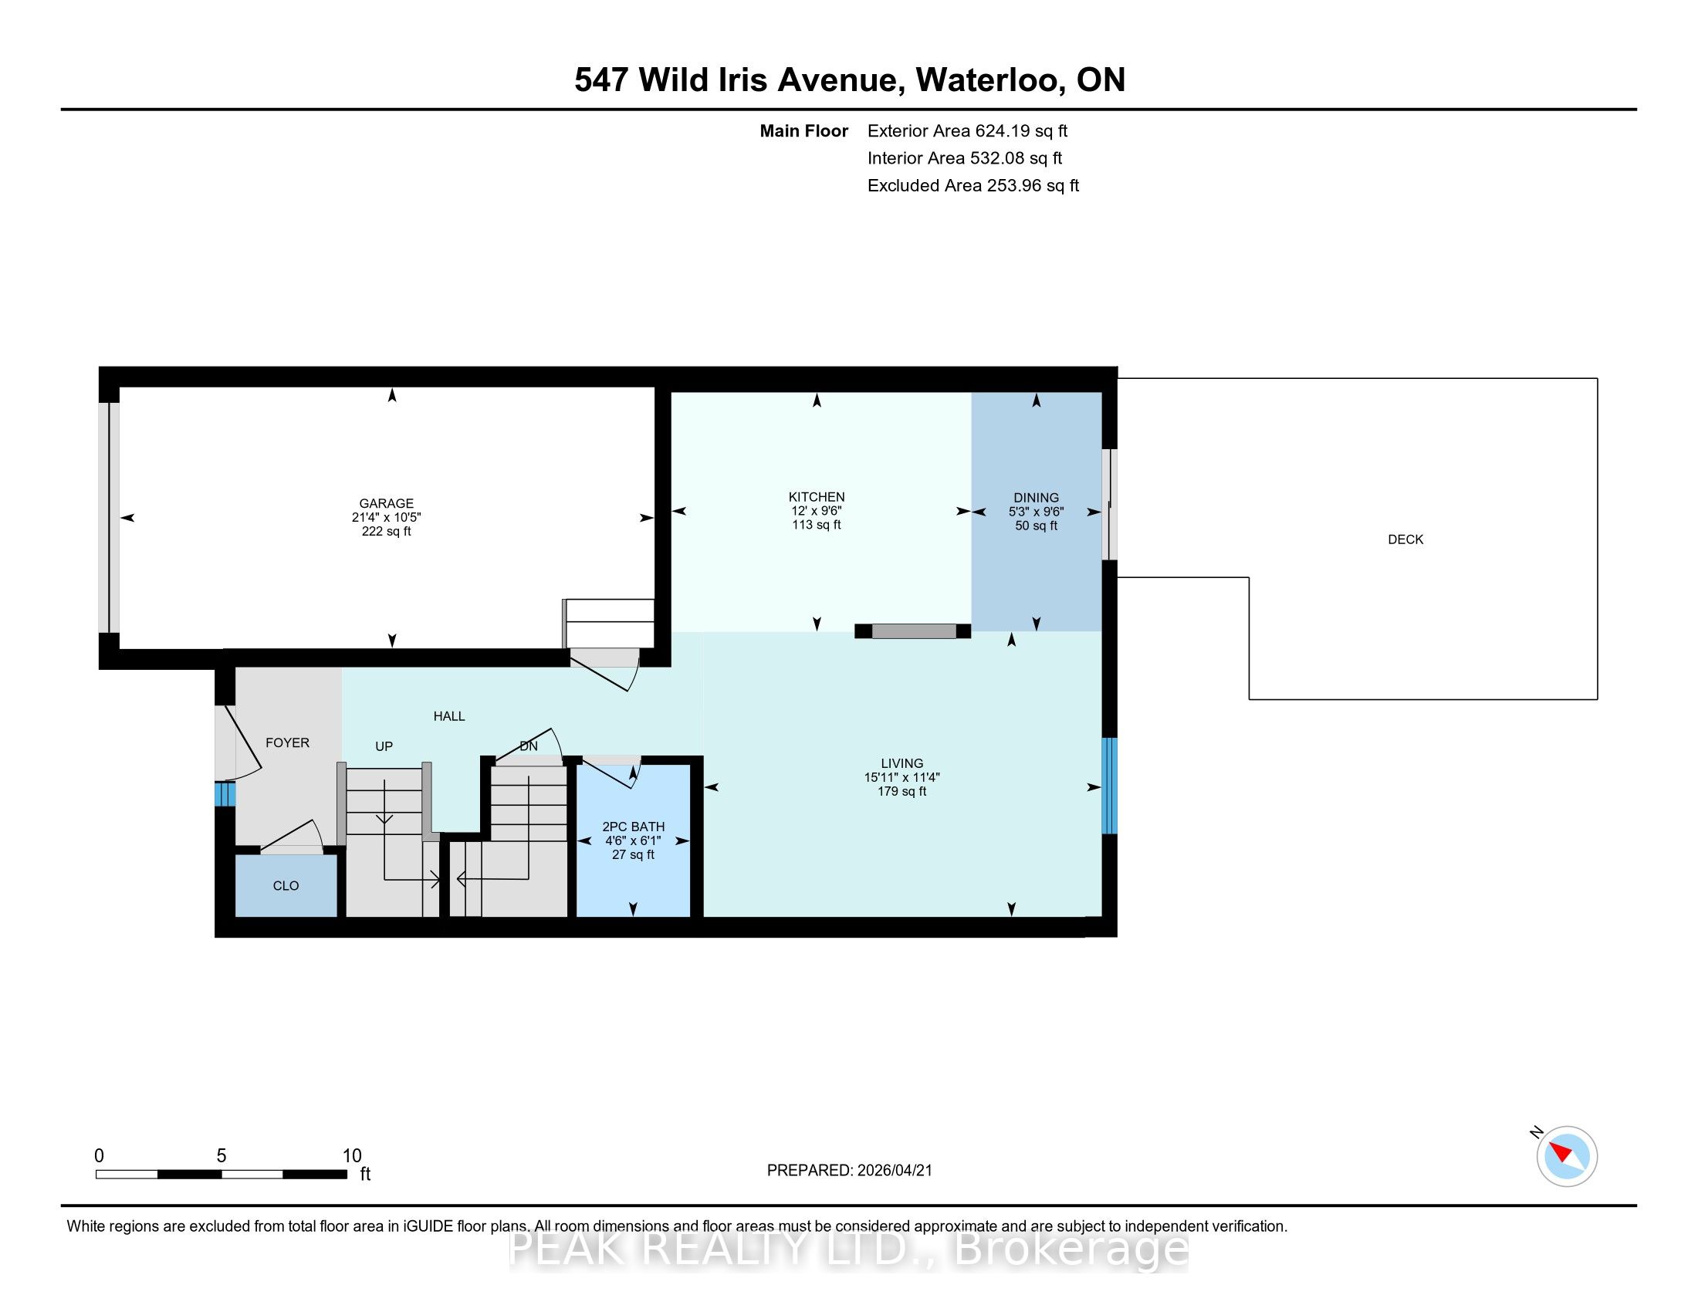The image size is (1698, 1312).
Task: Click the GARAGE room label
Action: pos(387,503)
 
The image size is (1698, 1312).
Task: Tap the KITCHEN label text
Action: pos(817,497)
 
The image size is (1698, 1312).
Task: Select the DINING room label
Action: pos(1037,498)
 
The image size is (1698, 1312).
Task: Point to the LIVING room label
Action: pos(901,763)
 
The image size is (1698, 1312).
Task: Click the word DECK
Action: pos(1405,539)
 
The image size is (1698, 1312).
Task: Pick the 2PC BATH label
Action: pos(634,827)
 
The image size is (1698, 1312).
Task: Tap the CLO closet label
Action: pos(286,886)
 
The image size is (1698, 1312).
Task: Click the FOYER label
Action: pos(288,743)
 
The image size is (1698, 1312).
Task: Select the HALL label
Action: pos(449,716)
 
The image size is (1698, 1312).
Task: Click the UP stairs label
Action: pos(384,746)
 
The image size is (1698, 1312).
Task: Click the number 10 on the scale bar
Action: pos(352,1156)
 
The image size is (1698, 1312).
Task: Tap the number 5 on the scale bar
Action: pos(222,1156)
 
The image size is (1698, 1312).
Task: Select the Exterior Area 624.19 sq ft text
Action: pos(968,131)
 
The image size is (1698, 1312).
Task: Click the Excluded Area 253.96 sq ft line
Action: pos(973,186)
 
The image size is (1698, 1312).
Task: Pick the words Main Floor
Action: pos(804,131)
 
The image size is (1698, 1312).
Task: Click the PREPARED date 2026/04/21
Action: pos(894,1171)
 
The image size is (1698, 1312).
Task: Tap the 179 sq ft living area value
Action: pos(901,791)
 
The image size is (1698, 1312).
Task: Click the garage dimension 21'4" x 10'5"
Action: pos(387,517)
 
